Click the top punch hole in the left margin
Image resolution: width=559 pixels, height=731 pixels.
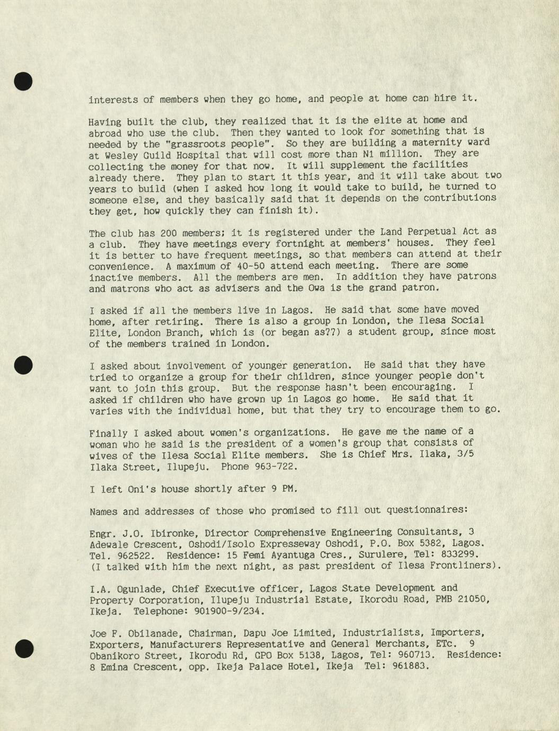coord(23,81)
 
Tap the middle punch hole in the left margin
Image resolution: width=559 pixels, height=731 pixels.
coord(23,365)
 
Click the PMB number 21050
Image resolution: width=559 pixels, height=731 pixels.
coord(471,599)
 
